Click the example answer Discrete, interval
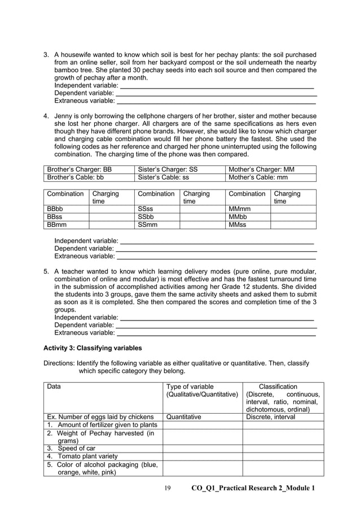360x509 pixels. pyautogui.click(x=270, y=417)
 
